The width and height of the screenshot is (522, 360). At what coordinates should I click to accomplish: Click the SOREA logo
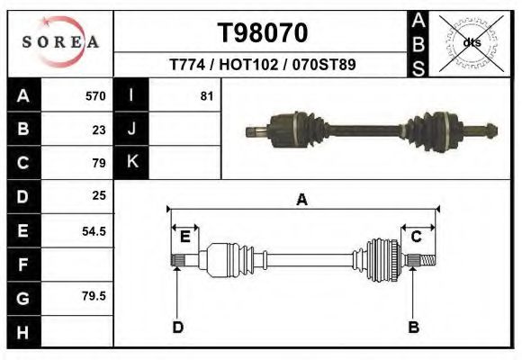click(x=60, y=42)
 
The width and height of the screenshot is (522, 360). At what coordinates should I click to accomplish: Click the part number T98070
click(x=263, y=33)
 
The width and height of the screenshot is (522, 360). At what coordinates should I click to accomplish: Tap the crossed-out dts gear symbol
click(x=472, y=42)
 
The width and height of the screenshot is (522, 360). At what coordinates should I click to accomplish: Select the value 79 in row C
click(x=99, y=163)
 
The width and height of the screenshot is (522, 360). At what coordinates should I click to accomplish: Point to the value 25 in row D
click(x=99, y=195)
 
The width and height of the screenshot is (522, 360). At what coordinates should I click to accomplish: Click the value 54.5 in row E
click(x=94, y=230)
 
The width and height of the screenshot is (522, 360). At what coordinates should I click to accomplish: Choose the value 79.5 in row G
click(x=94, y=295)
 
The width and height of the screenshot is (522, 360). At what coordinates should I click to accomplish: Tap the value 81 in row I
click(x=206, y=96)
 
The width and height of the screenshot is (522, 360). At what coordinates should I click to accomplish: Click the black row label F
click(x=22, y=265)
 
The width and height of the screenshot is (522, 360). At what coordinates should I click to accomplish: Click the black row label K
click(x=131, y=163)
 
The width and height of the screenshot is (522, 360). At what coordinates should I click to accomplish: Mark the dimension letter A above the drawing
click(x=302, y=200)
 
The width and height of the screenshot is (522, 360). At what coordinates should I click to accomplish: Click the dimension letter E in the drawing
click(x=184, y=237)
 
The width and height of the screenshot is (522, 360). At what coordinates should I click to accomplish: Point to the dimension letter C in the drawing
click(x=417, y=237)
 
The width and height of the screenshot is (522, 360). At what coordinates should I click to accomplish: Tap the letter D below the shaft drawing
click(x=177, y=327)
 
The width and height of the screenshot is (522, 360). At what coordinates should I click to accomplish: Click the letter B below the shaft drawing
click(x=413, y=327)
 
